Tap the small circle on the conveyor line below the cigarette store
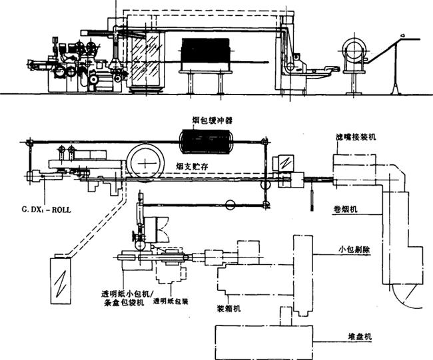[231, 206]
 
